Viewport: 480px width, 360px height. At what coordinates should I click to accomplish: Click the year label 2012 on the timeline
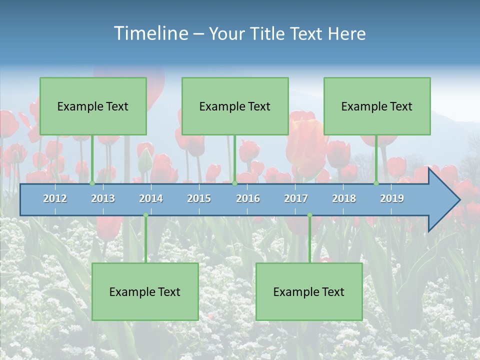tap(55, 198)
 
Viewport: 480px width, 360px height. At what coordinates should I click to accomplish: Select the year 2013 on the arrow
tap(103, 198)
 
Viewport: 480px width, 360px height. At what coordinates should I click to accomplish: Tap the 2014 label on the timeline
tap(151, 198)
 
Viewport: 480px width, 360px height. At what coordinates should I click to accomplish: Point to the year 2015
tap(199, 198)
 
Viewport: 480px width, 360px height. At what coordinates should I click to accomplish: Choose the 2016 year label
tap(248, 198)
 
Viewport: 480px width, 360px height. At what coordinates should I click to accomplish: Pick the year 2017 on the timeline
tap(296, 198)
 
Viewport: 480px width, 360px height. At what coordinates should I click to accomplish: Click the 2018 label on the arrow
tap(344, 198)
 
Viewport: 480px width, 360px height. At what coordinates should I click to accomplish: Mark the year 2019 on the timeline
tap(392, 198)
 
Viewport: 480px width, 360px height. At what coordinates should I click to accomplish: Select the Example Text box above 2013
tap(93, 106)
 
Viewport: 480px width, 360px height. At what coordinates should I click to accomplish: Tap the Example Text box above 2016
tap(235, 106)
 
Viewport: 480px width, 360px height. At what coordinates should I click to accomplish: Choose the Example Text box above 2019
tap(377, 106)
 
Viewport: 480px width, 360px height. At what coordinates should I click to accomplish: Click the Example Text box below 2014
tap(145, 291)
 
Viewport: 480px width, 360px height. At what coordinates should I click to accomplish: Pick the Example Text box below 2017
tap(309, 291)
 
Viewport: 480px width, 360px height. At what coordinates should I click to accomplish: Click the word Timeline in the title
tap(150, 33)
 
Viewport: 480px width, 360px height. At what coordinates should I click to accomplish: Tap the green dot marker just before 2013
tap(92, 183)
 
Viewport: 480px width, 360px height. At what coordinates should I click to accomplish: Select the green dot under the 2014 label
tap(145, 215)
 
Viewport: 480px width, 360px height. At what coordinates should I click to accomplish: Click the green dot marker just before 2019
tap(376, 183)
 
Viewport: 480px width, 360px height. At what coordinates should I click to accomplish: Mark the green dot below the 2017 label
tap(309, 215)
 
